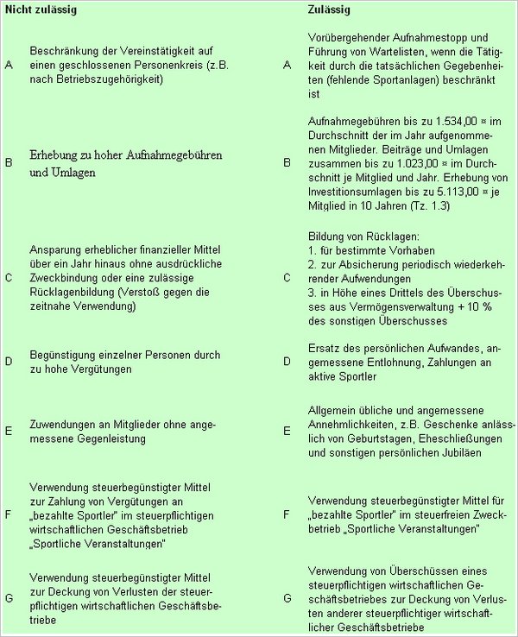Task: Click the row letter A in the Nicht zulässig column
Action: (x=9, y=65)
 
